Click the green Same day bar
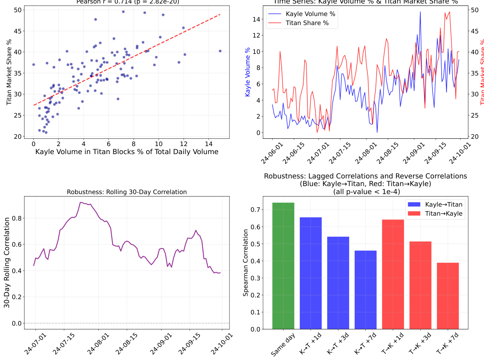click(x=283, y=266)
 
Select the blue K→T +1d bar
click(x=310, y=273)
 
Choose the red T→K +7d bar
click(x=448, y=296)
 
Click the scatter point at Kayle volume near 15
click(x=220, y=51)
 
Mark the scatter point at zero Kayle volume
click(x=33, y=65)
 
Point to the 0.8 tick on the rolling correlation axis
click(x=17, y=218)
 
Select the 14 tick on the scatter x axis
click(x=209, y=144)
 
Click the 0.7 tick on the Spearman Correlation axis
click(x=256, y=210)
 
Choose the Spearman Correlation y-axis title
click(x=246, y=263)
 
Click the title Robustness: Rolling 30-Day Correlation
click(x=127, y=192)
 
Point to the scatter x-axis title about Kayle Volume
click(x=127, y=152)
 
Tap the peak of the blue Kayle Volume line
click(x=420, y=12)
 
